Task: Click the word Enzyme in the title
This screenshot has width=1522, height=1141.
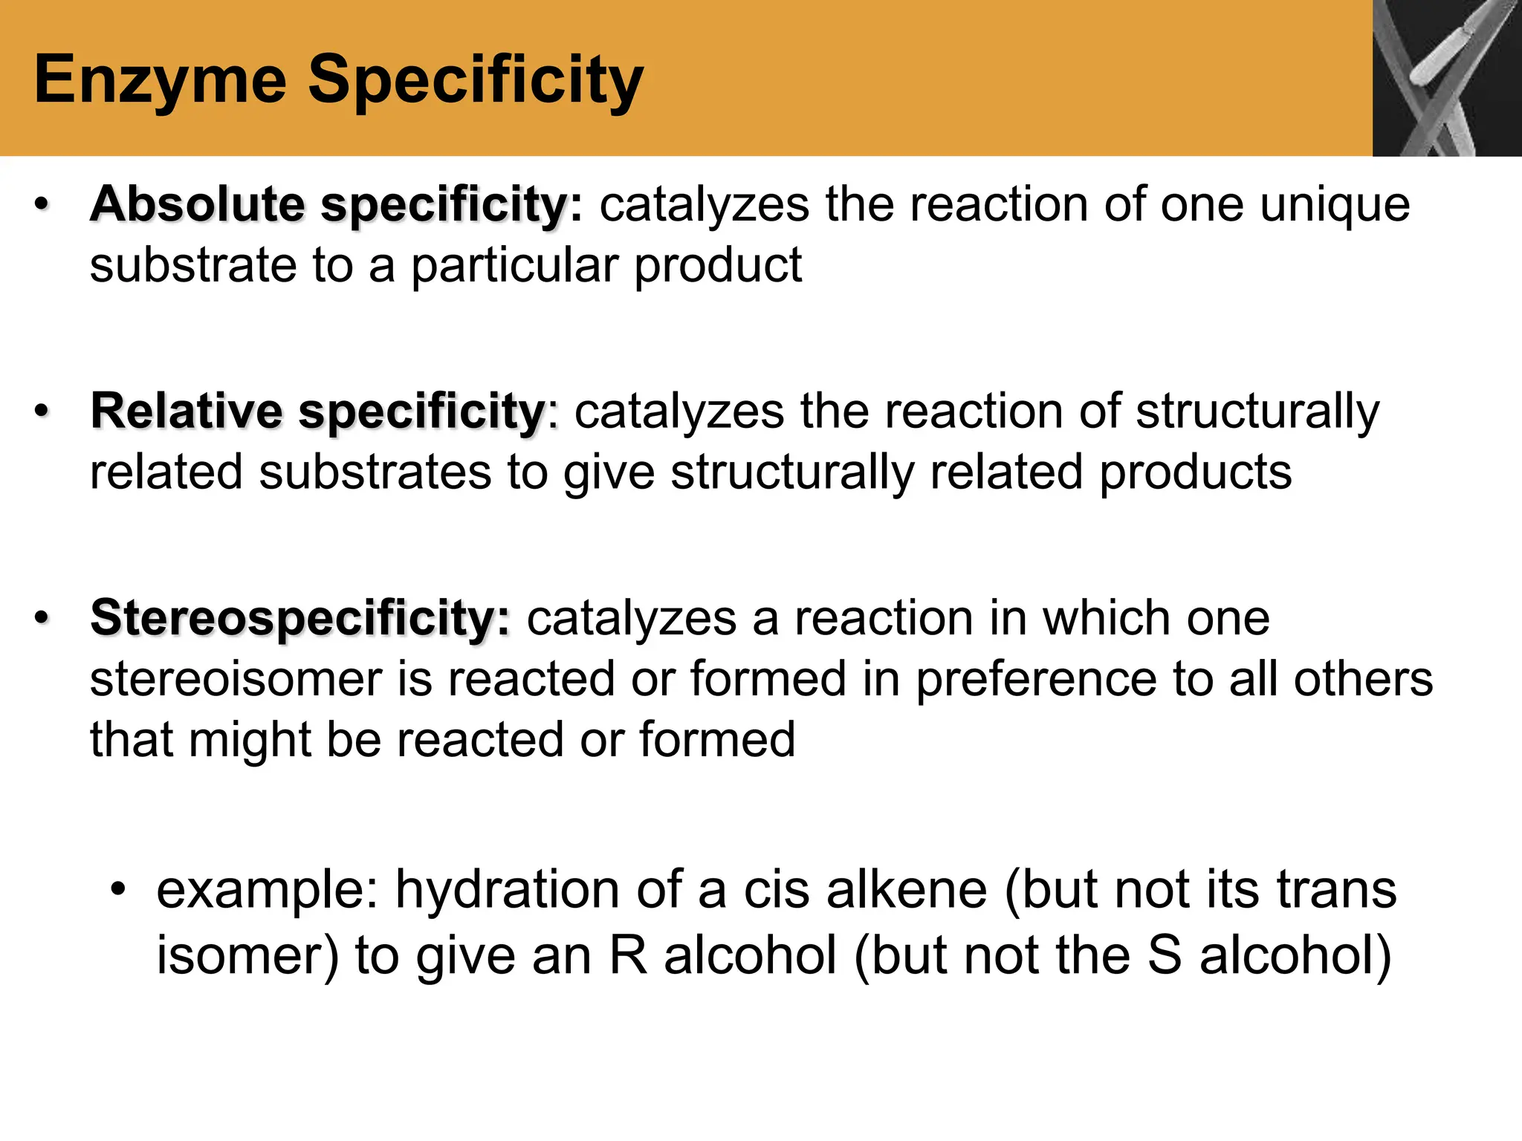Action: click(x=161, y=80)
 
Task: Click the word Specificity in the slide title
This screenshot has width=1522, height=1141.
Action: click(x=476, y=80)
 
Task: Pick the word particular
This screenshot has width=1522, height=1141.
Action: click(x=514, y=265)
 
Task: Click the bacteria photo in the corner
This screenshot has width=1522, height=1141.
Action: click(x=1446, y=78)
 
